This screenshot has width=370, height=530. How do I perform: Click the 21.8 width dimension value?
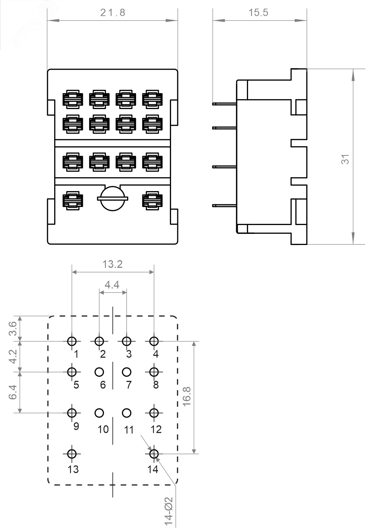click(x=112, y=13)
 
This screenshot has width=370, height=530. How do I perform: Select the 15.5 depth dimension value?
click(x=258, y=13)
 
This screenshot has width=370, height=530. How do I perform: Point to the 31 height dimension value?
click(x=345, y=159)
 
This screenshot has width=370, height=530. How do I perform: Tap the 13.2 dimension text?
click(x=112, y=264)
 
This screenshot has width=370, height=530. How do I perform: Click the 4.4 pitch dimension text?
click(x=112, y=285)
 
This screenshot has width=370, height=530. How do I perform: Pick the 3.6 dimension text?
click(x=13, y=329)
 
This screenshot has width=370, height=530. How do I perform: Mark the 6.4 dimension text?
click(x=13, y=392)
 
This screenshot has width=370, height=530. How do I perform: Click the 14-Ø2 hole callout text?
click(x=169, y=511)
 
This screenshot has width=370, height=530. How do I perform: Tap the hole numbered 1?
click(x=72, y=341)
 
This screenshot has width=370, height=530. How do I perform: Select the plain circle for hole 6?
click(x=99, y=372)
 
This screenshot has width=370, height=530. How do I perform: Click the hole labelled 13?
click(x=72, y=454)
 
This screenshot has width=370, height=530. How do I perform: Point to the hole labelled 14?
click(x=154, y=454)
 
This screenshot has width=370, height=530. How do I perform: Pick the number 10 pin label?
click(x=103, y=429)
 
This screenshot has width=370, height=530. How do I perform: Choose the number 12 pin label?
click(x=156, y=429)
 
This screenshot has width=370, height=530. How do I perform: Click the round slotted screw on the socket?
click(x=112, y=199)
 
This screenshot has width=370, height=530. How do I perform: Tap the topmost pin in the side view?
click(x=224, y=103)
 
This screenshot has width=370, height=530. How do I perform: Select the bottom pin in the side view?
click(x=224, y=206)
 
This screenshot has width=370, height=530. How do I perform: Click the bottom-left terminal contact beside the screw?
click(x=73, y=201)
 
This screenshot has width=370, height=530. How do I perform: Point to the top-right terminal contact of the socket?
click(x=152, y=99)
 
